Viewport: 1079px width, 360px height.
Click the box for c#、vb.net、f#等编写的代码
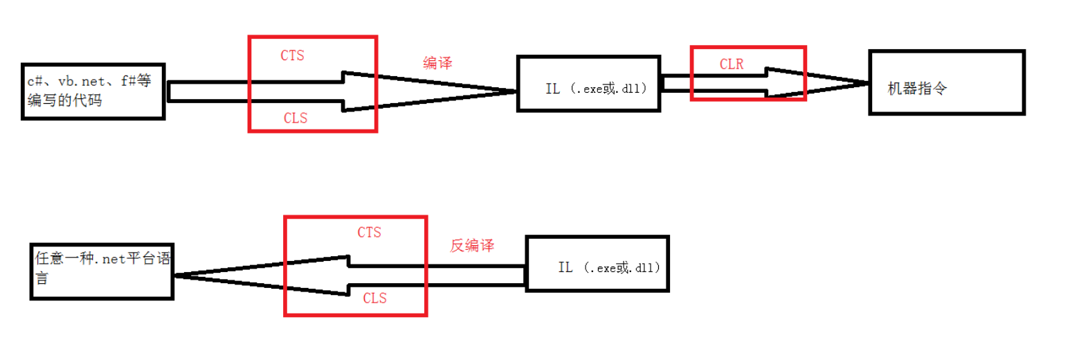click(x=93, y=91)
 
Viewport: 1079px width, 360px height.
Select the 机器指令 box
click(x=947, y=82)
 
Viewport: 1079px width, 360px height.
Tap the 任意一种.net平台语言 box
click(x=102, y=271)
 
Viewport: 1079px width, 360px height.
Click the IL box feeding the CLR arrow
click(x=589, y=84)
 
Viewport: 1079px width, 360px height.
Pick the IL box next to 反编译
click(x=598, y=264)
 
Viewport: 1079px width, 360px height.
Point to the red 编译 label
click(x=437, y=63)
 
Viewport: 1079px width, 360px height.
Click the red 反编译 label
click(x=472, y=246)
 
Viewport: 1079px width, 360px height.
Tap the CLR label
click(x=732, y=65)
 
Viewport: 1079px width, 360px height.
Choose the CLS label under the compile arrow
click(x=296, y=118)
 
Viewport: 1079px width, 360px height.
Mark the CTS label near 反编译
click(x=369, y=233)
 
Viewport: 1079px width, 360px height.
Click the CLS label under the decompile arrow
click(x=374, y=298)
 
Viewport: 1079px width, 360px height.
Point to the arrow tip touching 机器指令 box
click(x=867, y=84)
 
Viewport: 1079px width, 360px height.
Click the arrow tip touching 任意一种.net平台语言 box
click(x=176, y=276)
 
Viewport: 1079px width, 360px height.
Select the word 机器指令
click(x=916, y=89)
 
